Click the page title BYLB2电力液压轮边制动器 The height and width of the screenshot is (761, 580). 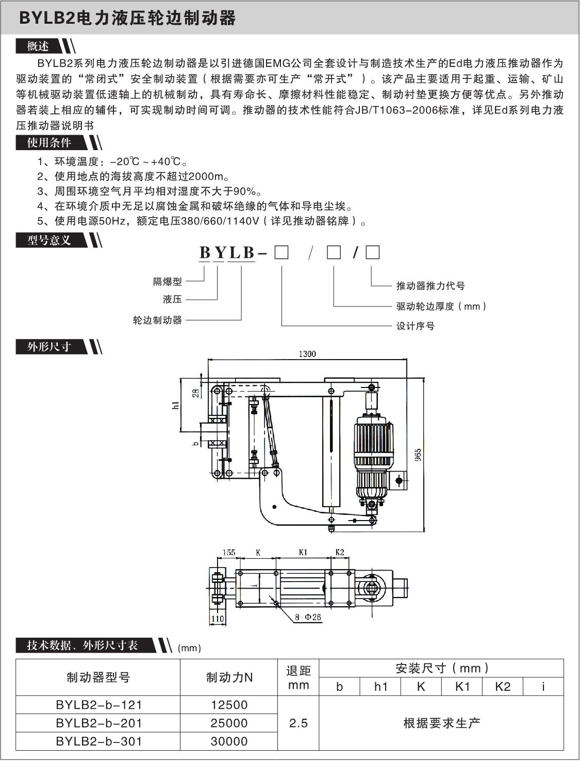point(127,19)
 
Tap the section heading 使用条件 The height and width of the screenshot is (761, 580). point(49,142)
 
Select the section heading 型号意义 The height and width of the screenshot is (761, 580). point(49,240)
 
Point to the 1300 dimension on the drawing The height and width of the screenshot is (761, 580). point(307,354)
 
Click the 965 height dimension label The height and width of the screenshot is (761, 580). point(418,455)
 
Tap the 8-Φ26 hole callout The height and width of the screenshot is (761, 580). point(308,617)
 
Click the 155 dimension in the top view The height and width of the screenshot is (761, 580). point(228,553)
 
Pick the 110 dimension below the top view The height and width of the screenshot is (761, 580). point(218,619)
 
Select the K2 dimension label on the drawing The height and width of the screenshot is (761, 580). point(340,552)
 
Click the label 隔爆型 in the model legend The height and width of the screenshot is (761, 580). point(168,281)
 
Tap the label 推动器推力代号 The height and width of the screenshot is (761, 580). point(430,286)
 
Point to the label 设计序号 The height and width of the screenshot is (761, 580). point(415,326)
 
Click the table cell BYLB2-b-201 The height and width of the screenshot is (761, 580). point(98,723)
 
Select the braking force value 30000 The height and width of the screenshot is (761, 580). point(229,741)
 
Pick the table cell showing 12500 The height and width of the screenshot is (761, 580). point(229,705)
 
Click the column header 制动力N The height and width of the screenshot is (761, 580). point(229,677)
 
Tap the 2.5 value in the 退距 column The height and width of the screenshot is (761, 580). point(298,723)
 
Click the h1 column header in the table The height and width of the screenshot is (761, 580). point(380,687)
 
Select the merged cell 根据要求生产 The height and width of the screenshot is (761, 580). point(441,723)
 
